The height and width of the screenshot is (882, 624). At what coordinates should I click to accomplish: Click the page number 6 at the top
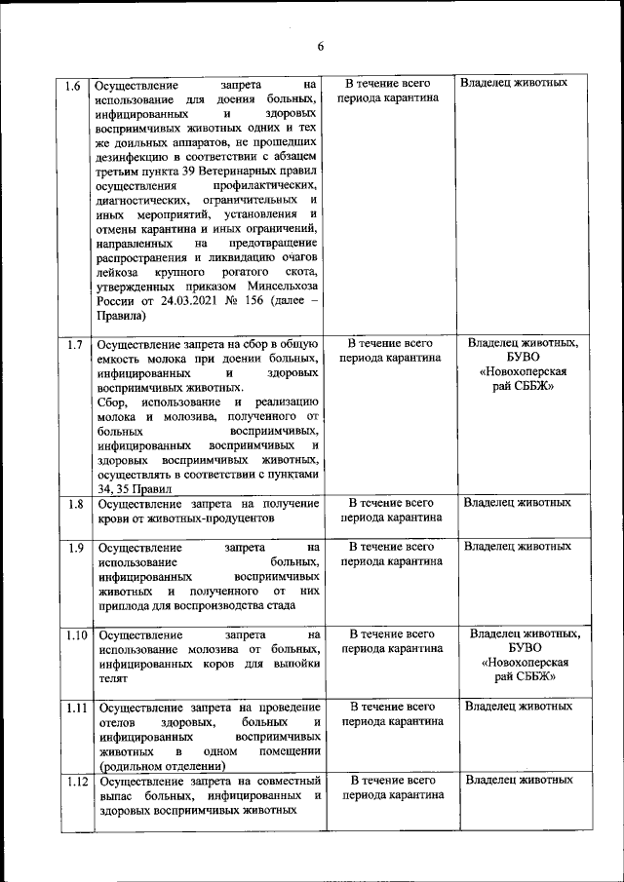coord(319,45)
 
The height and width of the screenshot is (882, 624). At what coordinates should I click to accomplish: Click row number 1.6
coord(72,85)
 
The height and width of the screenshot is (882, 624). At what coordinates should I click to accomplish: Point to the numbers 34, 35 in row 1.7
coord(115,488)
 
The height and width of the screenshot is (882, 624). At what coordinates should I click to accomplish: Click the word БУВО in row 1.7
coord(523,358)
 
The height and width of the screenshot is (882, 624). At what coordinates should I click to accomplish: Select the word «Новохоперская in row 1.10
coord(525,662)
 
